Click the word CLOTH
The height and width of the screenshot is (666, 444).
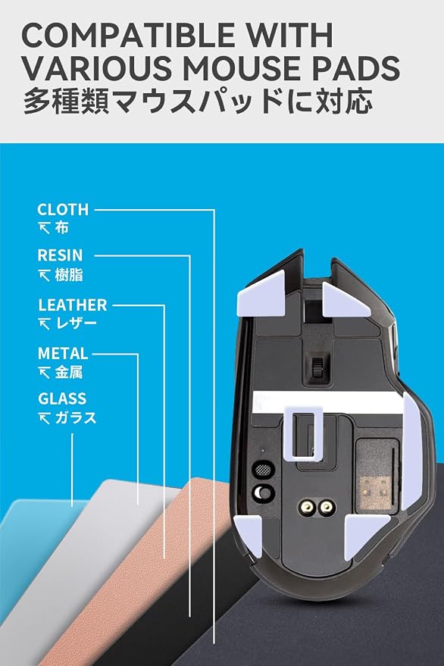[63, 209]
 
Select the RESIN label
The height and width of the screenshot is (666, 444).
[60, 255]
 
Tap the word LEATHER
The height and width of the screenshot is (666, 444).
[73, 305]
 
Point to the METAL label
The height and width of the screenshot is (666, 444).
[63, 353]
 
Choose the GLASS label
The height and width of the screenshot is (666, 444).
[62, 399]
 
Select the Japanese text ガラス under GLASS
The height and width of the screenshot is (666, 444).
[76, 418]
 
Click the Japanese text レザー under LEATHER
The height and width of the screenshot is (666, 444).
[77, 324]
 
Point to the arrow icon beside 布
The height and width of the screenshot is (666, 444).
[44, 229]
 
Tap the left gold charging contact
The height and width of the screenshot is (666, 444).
[307, 507]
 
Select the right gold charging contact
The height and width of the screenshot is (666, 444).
[327, 507]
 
